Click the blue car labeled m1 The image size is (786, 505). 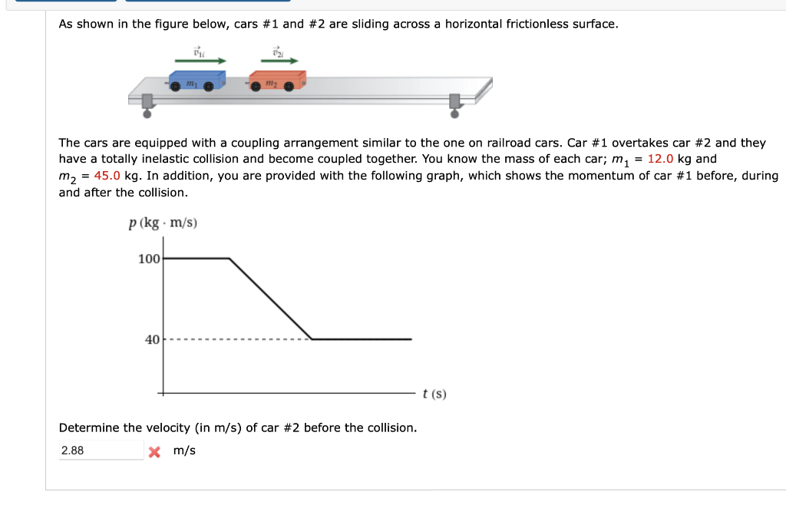coord(196,81)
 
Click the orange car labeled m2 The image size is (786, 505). coord(276,81)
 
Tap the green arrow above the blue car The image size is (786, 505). coord(200,60)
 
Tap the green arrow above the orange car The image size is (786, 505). coord(279,60)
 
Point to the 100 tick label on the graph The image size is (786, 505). coord(149,259)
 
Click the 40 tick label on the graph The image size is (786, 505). coord(152,339)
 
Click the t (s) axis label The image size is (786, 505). coord(434,394)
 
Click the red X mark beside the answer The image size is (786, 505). coord(154,451)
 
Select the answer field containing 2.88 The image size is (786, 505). coord(101,451)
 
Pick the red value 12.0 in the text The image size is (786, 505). coord(661,159)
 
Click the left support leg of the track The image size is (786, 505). coord(147,106)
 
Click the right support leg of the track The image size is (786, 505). coord(455,106)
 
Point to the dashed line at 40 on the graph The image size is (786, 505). coord(238,339)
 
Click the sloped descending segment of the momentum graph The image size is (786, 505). coord(270,299)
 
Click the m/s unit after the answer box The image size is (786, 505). coord(184,451)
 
